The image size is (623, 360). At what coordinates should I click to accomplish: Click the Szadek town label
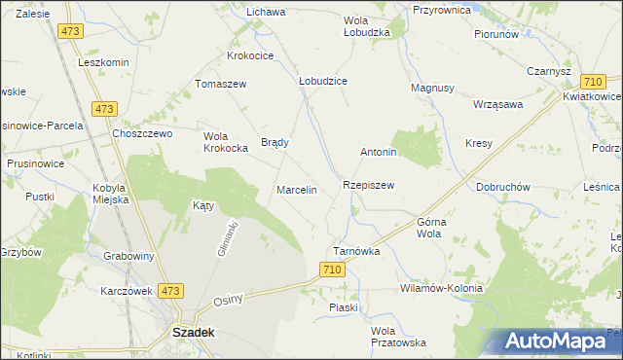[193, 331]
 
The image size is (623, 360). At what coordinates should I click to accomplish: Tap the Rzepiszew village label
[368, 184]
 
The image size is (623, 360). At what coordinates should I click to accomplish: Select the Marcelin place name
[297, 190]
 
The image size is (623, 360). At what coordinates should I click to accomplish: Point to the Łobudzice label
[323, 82]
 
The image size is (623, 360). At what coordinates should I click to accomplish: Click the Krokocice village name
[251, 55]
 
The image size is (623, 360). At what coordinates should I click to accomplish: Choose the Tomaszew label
[222, 84]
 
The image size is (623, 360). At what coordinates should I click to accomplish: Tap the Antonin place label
[379, 153]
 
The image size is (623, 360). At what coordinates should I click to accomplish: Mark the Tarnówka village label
[356, 250]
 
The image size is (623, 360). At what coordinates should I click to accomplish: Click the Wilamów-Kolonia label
[441, 289]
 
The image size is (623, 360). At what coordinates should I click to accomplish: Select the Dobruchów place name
[503, 186]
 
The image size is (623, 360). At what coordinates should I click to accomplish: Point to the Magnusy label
[432, 88]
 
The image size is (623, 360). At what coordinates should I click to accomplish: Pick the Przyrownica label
[442, 9]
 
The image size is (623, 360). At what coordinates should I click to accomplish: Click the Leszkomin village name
[103, 62]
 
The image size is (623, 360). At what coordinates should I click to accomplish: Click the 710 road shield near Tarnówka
[332, 270]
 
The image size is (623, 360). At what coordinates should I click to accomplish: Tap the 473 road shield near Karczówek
[171, 290]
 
